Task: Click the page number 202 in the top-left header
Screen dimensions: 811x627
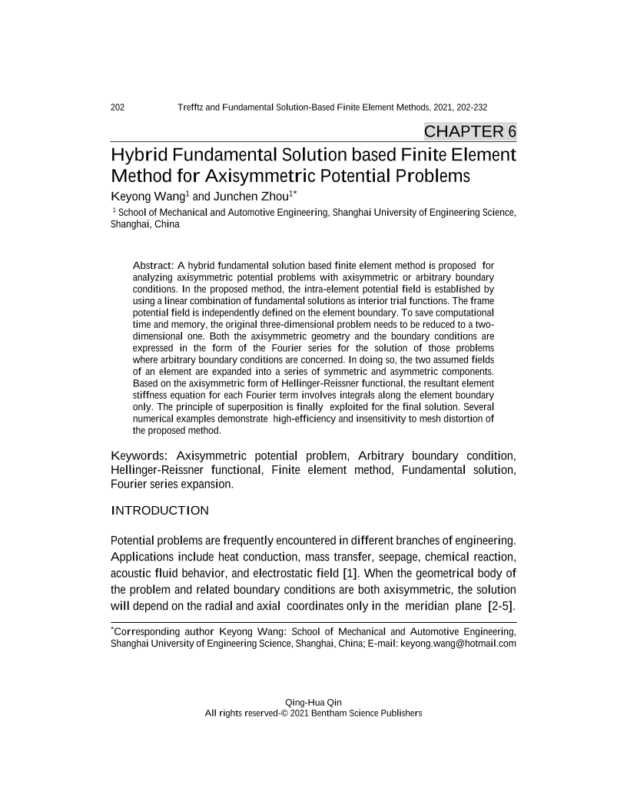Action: pyautogui.click(x=118, y=107)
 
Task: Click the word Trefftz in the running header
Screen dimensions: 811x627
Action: pyautogui.click(x=191, y=107)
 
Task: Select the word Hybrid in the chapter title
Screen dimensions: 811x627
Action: pyautogui.click(x=138, y=155)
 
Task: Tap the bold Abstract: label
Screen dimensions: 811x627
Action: pyautogui.click(x=158, y=266)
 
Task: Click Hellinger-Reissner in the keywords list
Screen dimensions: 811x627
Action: pyautogui.click(x=163, y=468)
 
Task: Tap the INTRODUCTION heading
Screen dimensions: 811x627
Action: pyautogui.click(x=160, y=510)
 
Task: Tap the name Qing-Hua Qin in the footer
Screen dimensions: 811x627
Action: pyautogui.click(x=313, y=702)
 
